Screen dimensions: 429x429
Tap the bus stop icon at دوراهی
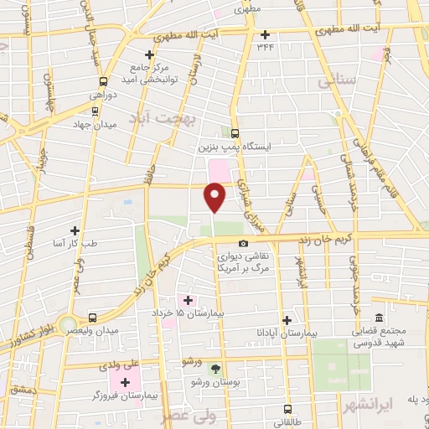(x=103, y=82)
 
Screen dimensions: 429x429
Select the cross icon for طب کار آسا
(x=75, y=230)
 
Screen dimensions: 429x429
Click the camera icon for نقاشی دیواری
(x=243, y=244)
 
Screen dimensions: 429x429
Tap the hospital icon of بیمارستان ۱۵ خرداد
(x=188, y=300)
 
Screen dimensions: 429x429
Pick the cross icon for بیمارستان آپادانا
(x=287, y=320)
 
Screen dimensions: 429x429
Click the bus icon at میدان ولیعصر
(x=91, y=318)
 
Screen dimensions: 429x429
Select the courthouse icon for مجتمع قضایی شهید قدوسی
(x=379, y=318)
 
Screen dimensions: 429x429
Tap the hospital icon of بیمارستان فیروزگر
(x=126, y=383)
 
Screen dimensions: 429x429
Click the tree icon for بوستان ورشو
(x=215, y=369)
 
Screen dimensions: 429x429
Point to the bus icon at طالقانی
(x=289, y=410)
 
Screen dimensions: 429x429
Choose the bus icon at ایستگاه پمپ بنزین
(x=235, y=133)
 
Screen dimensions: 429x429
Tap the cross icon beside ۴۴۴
(x=265, y=35)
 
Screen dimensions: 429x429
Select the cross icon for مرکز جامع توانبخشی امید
(x=149, y=53)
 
